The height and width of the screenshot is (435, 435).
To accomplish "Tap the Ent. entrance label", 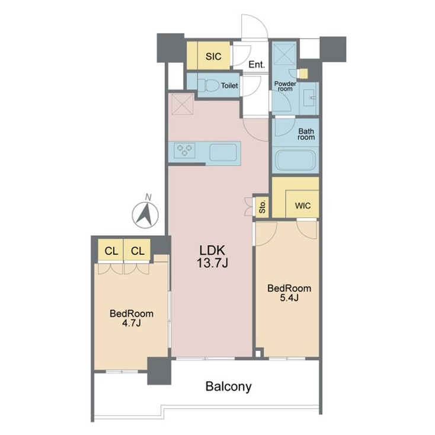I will (256, 65).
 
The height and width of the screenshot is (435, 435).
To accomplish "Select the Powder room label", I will (284, 86).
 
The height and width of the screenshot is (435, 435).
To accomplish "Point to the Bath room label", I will (306, 134).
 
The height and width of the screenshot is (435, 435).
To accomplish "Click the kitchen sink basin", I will (225, 153).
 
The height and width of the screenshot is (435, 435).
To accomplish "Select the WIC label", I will (302, 206).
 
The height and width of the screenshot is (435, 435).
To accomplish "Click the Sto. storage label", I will (262, 207).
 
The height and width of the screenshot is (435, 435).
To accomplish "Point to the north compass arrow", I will (144, 213).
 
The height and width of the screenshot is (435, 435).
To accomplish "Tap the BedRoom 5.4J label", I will (289, 293).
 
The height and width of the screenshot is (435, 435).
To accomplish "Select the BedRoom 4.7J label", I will (132, 318).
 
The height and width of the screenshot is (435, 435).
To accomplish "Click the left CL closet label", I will (111, 251).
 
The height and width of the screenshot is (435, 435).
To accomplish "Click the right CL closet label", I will (137, 251).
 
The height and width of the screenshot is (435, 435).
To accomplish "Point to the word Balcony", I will (229, 387).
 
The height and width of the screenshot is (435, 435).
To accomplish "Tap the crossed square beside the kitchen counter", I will (181, 105).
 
